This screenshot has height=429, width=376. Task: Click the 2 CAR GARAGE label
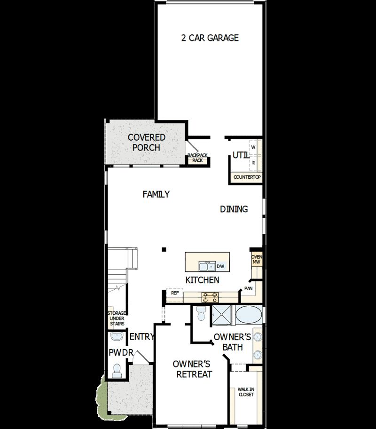tap(210, 38)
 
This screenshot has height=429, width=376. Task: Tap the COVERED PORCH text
tap(147, 143)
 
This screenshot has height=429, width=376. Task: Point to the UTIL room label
tap(239, 155)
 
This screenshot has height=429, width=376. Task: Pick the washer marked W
tap(253, 147)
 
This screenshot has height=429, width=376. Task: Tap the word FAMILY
tap(157, 194)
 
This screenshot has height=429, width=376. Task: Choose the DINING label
tap(234, 209)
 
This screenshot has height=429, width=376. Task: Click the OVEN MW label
tap(257, 260)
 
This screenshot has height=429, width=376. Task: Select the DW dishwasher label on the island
tap(220, 267)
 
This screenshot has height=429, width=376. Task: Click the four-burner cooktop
tap(210, 297)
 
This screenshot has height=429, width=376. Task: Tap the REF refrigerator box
tap(175, 293)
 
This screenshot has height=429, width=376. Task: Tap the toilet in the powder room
tap(117, 371)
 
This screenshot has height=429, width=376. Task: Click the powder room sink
tap(117, 337)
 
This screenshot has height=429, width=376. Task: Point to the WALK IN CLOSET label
tap(245, 392)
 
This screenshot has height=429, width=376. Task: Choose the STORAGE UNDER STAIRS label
tap(116, 318)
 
